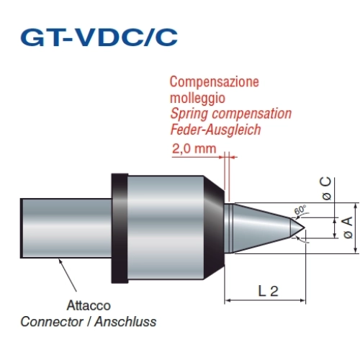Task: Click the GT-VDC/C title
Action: (x=99, y=37)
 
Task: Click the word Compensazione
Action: (x=215, y=82)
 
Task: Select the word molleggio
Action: (x=197, y=99)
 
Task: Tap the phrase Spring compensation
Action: (x=231, y=114)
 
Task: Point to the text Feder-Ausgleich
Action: (x=215, y=130)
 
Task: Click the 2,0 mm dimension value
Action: (x=194, y=149)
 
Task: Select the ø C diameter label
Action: (x=326, y=189)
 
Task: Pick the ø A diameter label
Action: (x=348, y=228)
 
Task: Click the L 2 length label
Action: (x=268, y=291)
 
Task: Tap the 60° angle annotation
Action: (x=300, y=210)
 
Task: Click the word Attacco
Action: (x=89, y=305)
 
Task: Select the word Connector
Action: (x=52, y=322)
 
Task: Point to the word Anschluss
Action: (x=125, y=322)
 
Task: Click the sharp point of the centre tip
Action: (x=305, y=228)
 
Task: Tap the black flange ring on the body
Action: (x=120, y=228)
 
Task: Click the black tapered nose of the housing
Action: (x=214, y=228)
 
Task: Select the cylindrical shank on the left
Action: (x=66, y=228)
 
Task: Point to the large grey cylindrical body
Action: (x=166, y=228)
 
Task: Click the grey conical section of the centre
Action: (x=261, y=228)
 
